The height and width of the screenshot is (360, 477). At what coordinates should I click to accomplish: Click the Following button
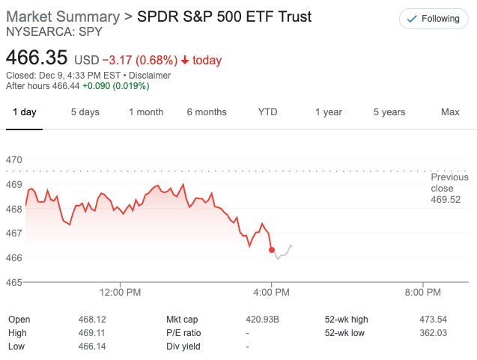coord(434,19)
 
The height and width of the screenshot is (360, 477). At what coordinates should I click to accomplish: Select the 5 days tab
coord(85,112)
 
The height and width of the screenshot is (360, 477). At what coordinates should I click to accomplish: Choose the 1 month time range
coord(145,112)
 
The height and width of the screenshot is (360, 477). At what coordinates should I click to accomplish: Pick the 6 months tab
coord(207,112)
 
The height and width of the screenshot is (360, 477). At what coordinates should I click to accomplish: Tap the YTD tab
coord(267,112)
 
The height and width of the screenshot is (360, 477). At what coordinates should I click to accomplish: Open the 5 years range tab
coord(389,112)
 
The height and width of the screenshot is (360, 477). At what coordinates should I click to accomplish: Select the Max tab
coord(450,112)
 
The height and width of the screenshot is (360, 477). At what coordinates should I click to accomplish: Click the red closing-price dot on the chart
coord(272,250)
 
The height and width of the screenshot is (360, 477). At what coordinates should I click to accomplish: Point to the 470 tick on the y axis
coord(14,160)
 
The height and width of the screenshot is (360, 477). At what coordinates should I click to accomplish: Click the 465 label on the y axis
coord(14,282)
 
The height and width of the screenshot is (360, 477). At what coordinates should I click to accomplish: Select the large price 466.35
coord(37,58)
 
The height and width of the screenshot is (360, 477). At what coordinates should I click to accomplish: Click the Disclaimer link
coord(149,76)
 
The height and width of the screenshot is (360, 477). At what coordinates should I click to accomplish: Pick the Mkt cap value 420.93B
coord(262,320)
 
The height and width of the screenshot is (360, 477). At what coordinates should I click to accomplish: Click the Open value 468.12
coord(91,320)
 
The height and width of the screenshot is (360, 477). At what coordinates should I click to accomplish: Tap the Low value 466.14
coord(91,347)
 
